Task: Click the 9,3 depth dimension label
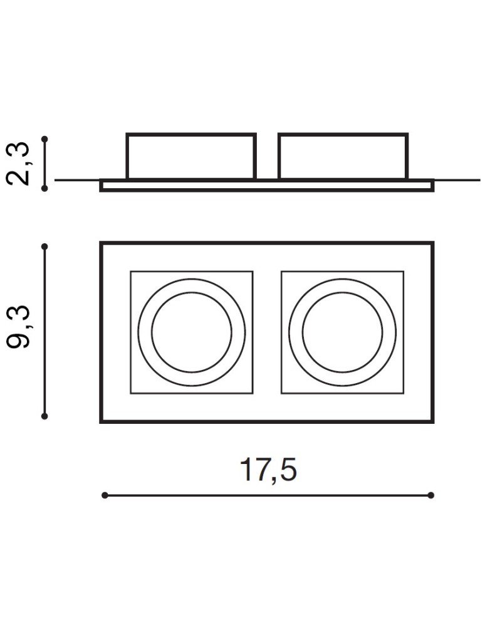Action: click(20, 330)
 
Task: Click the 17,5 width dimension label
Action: click(268, 470)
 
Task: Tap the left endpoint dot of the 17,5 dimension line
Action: click(105, 495)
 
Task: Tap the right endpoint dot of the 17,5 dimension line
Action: click(431, 495)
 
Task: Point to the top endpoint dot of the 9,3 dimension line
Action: click(44, 247)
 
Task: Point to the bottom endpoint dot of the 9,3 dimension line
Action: click(44, 415)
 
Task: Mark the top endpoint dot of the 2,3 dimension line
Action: click(44, 139)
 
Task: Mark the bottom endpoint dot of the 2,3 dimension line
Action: click(44, 187)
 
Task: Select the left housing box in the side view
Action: click(191, 157)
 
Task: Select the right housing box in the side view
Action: click(343, 157)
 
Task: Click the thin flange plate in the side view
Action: click(267, 186)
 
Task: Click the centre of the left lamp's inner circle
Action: click(191, 332)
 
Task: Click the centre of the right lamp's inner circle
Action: click(342, 332)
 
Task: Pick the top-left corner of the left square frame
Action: click(131, 271)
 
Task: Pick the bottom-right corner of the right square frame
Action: click(403, 393)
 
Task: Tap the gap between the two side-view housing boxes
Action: click(267, 157)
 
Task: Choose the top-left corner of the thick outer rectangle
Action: click(101, 243)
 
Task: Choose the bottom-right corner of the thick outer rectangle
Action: click(432, 421)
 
